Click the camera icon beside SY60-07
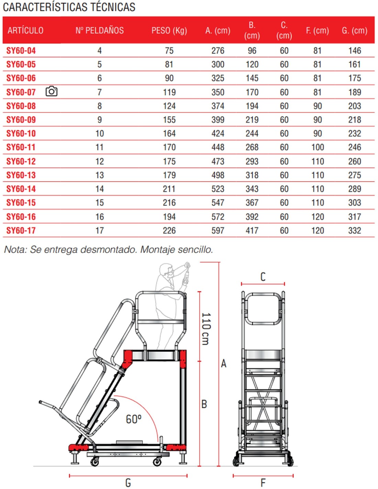coord(52,91)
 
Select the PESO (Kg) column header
coord(169,31)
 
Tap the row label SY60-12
coord(21,161)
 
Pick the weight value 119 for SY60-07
coord(169,92)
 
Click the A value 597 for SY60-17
coord(218,230)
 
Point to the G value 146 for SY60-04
coord(355,51)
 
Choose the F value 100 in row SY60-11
coord(318,148)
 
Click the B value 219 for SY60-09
coord(252,120)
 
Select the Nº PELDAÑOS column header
coord(100,31)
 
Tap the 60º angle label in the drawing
coord(134,419)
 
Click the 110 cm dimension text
coord(205,328)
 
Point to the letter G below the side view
coord(128,483)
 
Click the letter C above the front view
coord(263,277)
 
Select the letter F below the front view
coord(263,483)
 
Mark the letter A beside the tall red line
coord(224,363)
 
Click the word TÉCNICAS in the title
coord(112,7)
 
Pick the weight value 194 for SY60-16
coord(169,217)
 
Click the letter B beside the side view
coord(204,404)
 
